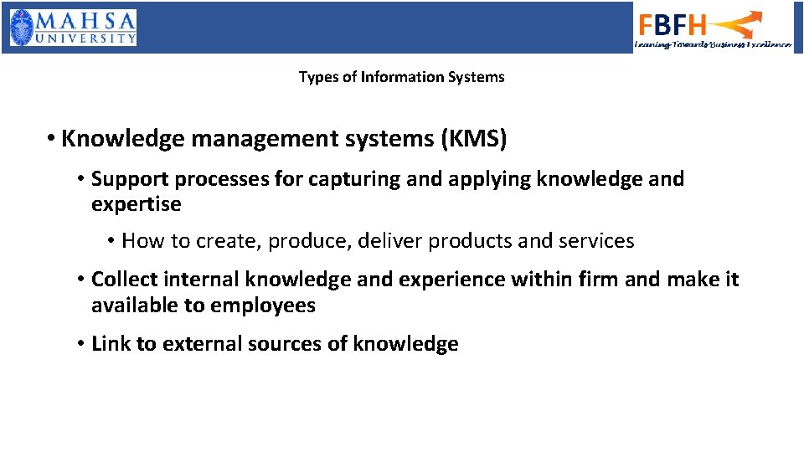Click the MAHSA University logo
coord(73,27)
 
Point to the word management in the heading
coord(246,138)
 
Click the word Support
coord(129,178)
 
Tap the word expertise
coord(136,204)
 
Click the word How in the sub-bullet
coord(143,241)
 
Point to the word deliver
coord(391,241)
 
